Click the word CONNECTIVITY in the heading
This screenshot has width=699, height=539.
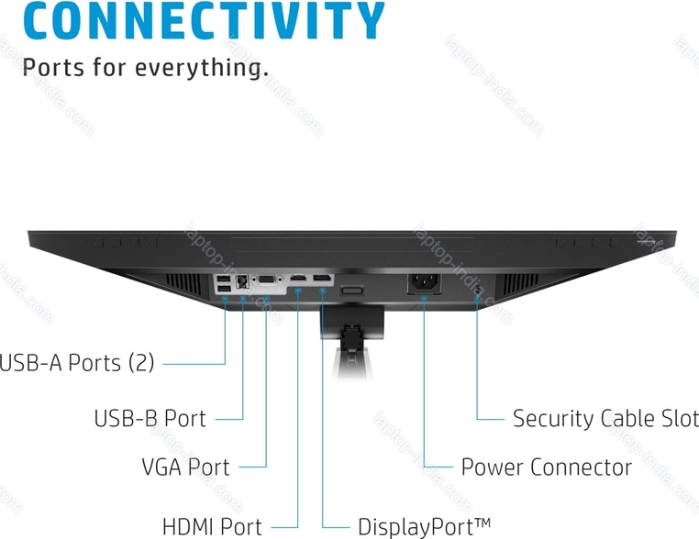[x=193, y=20]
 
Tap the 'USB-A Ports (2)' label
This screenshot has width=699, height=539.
[x=77, y=363]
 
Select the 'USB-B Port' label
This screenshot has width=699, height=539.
[x=150, y=419]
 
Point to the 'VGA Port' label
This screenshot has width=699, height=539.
[x=185, y=467]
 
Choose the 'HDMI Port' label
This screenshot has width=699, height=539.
[x=212, y=527]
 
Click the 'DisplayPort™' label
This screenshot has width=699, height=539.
[x=424, y=527]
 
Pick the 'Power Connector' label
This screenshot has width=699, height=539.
[x=546, y=467]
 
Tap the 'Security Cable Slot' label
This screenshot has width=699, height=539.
[x=605, y=419]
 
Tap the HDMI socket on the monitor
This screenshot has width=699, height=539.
[x=299, y=278]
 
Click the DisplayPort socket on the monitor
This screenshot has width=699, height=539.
[x=322, y=278]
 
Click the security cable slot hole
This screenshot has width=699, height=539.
[x=478, y=290]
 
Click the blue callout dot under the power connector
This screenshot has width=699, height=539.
[x=424, y=297]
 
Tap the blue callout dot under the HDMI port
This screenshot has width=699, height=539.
[x=299, y=292]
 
